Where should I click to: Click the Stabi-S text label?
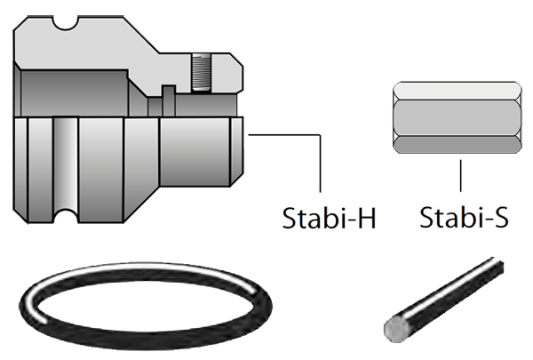click(x=463, y=218)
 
